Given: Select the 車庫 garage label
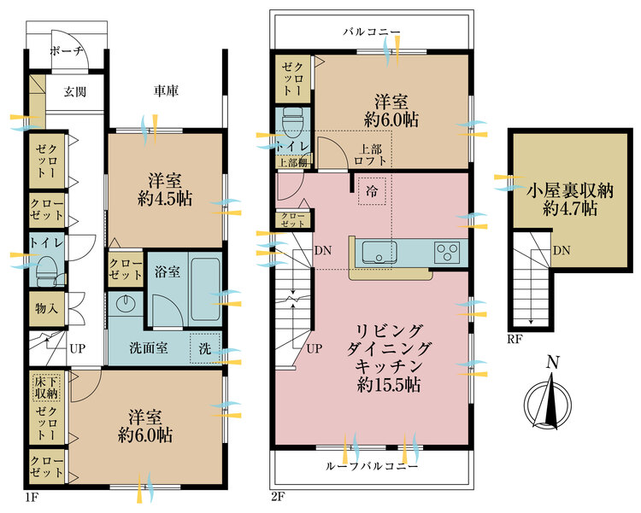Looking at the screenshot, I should point(166,90).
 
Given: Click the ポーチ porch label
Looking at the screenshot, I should point(67,51).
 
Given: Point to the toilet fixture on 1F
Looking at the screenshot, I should point(48,271).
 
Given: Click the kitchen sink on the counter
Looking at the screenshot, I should point(376,254).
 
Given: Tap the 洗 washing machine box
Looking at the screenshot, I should point(206,348).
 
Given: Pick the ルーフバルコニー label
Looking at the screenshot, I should point(372,468).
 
